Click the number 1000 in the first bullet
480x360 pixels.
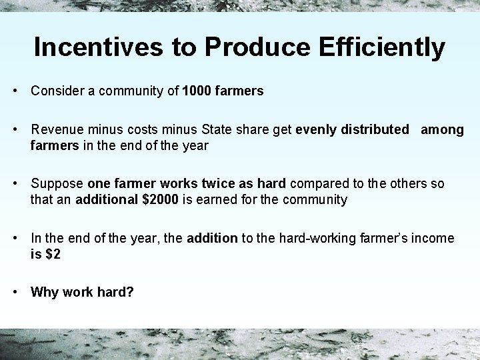pos(197,91)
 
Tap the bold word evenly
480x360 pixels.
pos(317,130)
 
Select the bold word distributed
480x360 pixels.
pos(377,130)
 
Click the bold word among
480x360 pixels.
pos(441,130)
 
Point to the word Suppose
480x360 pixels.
pos(57,184)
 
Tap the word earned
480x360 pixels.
pos(223,199)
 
